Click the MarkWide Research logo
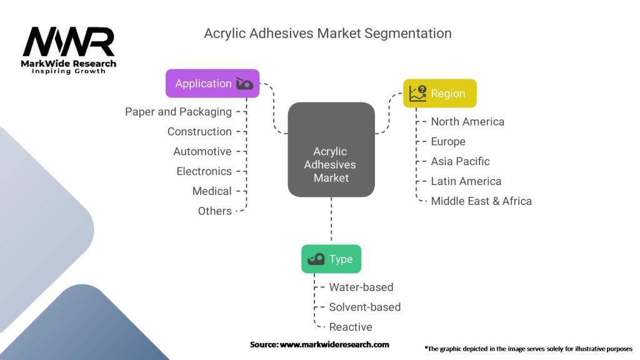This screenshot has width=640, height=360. (69, 48)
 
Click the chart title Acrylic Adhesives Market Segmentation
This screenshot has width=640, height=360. (327, 33)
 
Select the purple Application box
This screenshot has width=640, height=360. (212, 83)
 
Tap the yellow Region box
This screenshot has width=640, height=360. (439, 93)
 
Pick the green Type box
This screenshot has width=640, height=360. (331, 259)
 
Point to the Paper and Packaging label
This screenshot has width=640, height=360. (178, 112)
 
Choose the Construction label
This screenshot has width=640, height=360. (199, 131)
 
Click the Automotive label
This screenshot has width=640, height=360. (202, 151)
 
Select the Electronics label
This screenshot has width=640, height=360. (204, 171)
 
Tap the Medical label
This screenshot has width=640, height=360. (212, 191)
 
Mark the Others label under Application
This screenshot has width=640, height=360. (215, 211)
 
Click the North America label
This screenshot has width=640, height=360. (467, 121)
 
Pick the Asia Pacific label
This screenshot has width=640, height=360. (460, 161)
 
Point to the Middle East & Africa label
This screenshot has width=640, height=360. (481, 201)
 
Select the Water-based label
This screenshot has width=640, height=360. (361, 287)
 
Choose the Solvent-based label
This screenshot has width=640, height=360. (365, 307)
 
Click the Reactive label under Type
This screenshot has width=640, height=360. (351, 327)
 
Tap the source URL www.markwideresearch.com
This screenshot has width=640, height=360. (334, 344)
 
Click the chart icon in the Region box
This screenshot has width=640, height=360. (417, 93)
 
